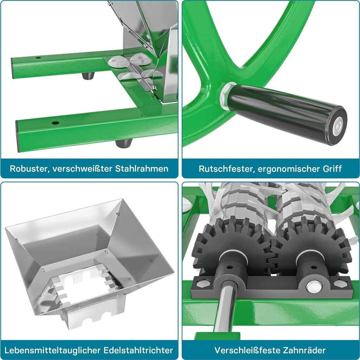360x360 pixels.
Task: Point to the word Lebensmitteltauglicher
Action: click(x=52, y=350)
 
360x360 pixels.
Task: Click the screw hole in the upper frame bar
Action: click(x=38, y=57)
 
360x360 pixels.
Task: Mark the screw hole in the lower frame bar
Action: click(x=55, y=123)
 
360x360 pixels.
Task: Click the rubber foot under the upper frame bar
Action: click(x=88, y=76)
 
